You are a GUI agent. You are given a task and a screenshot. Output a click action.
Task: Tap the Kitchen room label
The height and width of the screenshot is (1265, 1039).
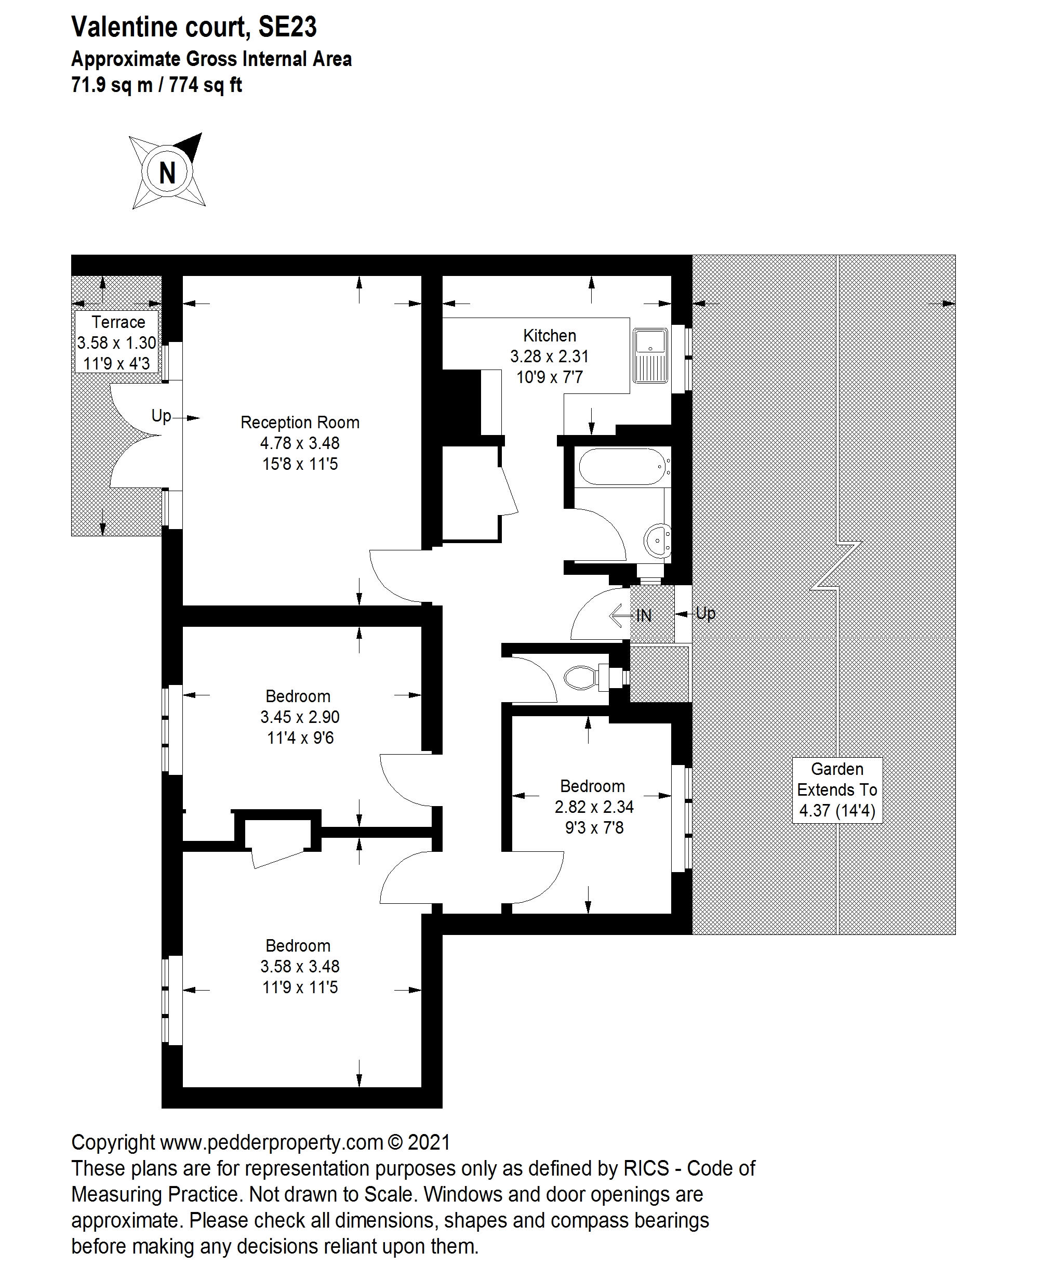coord(550,335)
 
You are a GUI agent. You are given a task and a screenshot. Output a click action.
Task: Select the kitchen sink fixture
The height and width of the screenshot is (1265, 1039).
coord(650,355)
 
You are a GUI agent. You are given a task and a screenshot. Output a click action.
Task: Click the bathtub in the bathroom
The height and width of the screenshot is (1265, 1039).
coord(622,466)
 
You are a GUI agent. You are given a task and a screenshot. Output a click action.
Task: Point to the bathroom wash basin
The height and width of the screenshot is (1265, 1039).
coord(658,541)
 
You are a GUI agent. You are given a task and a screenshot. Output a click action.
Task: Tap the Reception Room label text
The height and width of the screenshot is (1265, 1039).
coord(300,423)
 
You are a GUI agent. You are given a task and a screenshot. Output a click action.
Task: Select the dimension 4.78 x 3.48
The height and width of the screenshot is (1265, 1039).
coord(300,444)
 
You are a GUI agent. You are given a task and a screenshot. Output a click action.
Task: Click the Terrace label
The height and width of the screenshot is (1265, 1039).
coord(118,322)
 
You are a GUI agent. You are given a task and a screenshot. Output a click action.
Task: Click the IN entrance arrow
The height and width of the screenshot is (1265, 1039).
coord(629,615)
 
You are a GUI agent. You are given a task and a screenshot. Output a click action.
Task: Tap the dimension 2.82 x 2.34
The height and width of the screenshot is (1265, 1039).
coord(594,807)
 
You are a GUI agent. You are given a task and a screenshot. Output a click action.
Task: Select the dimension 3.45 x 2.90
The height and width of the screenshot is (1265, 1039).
coord(300,717)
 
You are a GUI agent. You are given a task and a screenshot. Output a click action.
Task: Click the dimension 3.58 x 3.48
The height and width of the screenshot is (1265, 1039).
coord(300,966)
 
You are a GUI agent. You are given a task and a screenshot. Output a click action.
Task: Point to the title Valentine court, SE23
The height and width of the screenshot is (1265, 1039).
coord(194,28)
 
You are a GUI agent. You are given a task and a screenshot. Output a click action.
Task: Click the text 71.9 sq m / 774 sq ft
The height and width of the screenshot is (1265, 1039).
coord(157,86)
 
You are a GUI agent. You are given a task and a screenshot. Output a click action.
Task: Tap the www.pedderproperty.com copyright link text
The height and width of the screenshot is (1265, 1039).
coord(272,1142)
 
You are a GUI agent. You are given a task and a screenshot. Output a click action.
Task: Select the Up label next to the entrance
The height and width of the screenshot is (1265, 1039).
coord(705,613)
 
